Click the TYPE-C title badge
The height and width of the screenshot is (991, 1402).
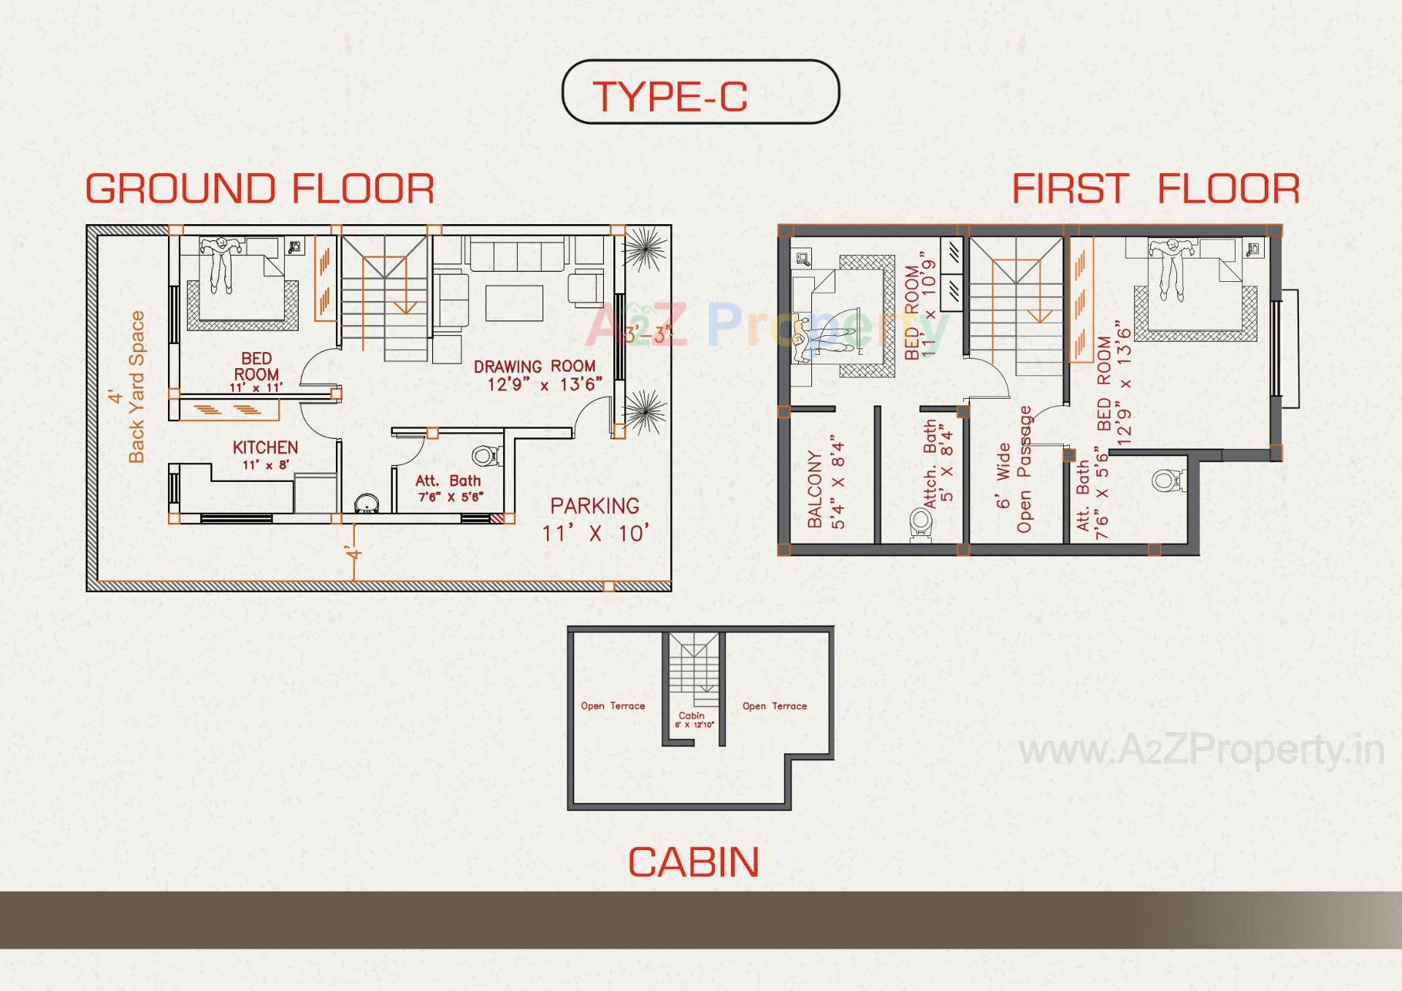point(700,92)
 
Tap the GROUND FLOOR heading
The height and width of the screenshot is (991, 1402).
point(260,188)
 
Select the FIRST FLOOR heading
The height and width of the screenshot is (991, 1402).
point(1155,188)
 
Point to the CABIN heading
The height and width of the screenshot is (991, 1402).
point(693,862)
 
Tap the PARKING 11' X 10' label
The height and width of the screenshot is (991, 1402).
point(595,519)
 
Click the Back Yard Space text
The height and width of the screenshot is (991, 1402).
point(137,387)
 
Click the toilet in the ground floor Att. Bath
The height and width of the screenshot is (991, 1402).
point(483,456)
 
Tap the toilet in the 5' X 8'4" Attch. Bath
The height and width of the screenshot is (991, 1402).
point(921,523)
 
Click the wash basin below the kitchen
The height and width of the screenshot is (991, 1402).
point(364,504)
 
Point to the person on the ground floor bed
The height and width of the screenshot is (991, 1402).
point(218,263)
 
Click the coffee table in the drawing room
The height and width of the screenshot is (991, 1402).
point(514,302)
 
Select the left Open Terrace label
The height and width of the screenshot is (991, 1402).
point(613,706)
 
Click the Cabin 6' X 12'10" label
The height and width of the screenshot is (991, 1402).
point(692,720)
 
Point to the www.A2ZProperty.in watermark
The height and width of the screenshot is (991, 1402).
point(1200,751)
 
